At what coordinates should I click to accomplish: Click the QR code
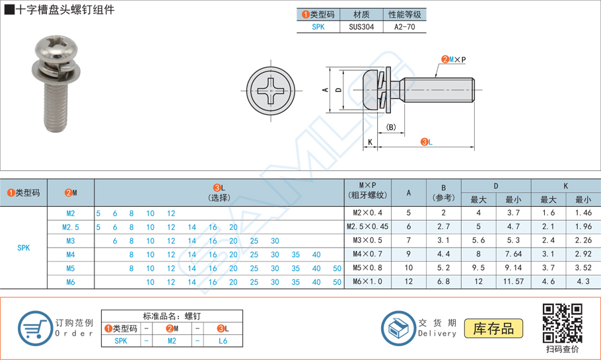coord(562,324)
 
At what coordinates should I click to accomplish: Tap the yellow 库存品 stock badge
coord(493,328)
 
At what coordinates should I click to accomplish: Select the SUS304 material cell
coord(361,27)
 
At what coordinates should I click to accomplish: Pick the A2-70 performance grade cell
coord(405,27)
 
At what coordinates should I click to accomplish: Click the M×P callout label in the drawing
coord(456,59)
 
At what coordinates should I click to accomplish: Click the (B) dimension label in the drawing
coord(391,127)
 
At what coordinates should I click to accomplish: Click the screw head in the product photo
coord(50,51)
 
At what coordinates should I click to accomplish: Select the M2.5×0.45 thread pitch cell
coord(367,227)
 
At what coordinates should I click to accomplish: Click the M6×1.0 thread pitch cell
coord(367,282)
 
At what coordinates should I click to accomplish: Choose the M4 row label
coord(71,254)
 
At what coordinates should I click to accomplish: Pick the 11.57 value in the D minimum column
coord(513,282)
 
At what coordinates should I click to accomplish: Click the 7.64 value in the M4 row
coord(513,254)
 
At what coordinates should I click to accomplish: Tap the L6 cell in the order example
coord(223,341)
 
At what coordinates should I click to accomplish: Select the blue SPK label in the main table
coord(24,248)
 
